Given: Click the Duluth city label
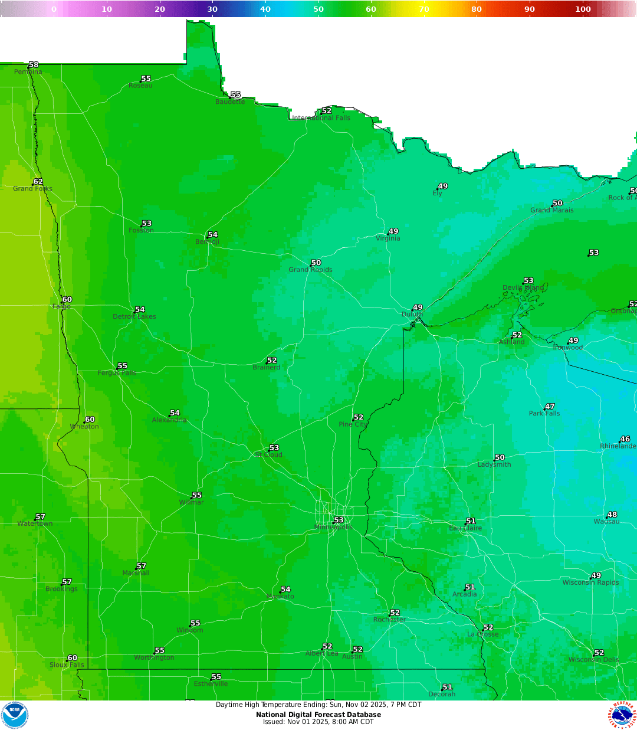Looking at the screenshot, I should click(412, 315).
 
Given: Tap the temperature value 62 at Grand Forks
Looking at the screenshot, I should click(38, 182).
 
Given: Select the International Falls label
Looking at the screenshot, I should click(321, 118).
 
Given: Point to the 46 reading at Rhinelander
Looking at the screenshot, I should click(625, 439).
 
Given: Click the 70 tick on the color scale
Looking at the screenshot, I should click(424, 9).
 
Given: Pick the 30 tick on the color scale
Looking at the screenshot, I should click(212, 9).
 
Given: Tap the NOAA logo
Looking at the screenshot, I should click(15, 715).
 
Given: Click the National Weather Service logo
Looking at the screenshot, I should click(623, 715).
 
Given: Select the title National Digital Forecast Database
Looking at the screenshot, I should click(318, 715).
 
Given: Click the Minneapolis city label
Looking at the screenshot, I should click(333, 528).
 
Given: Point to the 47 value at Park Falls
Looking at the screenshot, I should click(550, 407).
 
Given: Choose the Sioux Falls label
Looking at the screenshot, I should click(67, 665).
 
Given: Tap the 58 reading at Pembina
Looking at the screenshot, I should click(34, 65).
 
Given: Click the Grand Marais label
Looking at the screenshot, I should click(551, 210).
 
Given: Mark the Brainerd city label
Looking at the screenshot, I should click(267, 368).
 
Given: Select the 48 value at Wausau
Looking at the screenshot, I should click(612, 515).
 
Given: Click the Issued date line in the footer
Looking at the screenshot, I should click(318, 722).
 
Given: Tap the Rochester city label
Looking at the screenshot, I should click(389, 620).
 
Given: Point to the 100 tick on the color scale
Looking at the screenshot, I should click(583, 9).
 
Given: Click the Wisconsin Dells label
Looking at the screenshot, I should click(593, 660).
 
